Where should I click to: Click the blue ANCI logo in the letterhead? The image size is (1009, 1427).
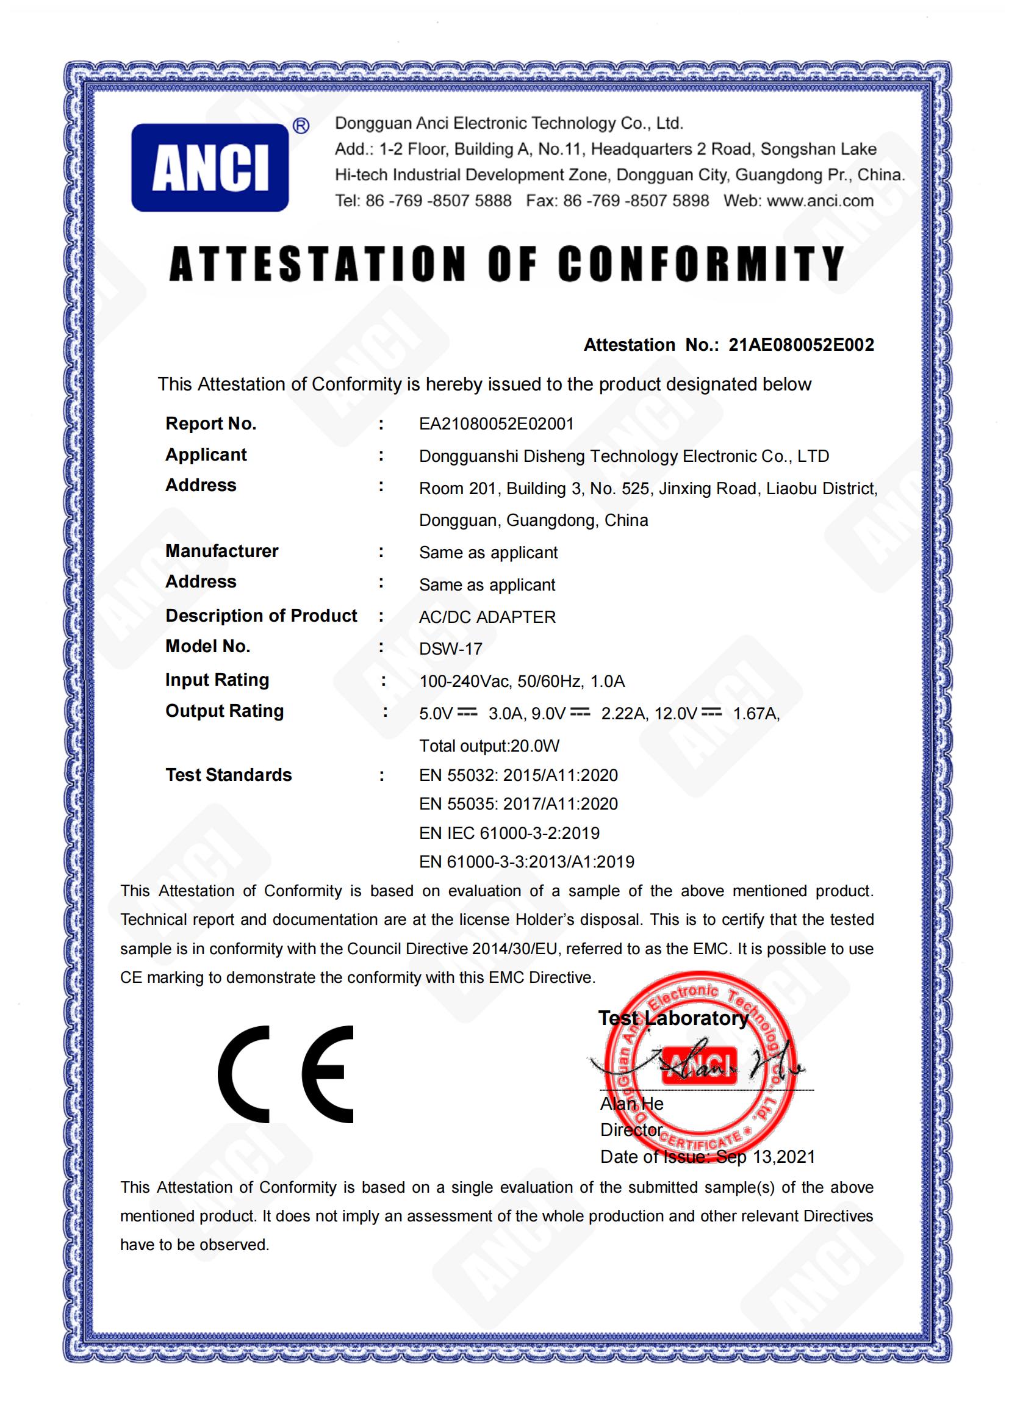point(210,168)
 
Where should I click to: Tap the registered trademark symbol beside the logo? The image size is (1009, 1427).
point(301,127)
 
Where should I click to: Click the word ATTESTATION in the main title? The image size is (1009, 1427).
point(317,264)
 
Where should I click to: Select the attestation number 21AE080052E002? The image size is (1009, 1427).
point(801,345)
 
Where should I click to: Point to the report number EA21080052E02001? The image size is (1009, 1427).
point(497,424)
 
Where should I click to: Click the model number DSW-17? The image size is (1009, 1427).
point(450,649)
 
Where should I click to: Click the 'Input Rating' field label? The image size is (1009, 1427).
point(217,680)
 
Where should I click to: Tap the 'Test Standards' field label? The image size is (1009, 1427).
point(228,775)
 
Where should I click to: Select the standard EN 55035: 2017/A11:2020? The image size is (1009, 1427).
point(518,804)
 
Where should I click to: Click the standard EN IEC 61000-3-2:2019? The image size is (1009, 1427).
point(509,833)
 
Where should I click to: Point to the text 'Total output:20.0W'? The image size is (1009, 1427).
point(489,746)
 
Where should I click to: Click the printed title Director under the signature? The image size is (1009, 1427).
point(631,1129)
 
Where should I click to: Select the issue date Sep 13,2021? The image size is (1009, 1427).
point(766,1157)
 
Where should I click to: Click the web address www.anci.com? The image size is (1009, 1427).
point(820,201)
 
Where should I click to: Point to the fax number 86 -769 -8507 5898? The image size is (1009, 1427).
point(636,201)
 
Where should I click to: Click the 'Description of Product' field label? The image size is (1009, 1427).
point(261,616)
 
